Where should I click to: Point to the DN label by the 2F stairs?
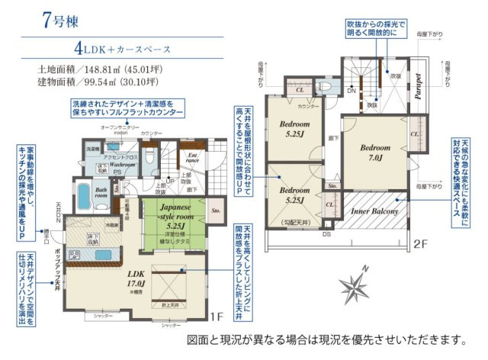click(351, 92)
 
